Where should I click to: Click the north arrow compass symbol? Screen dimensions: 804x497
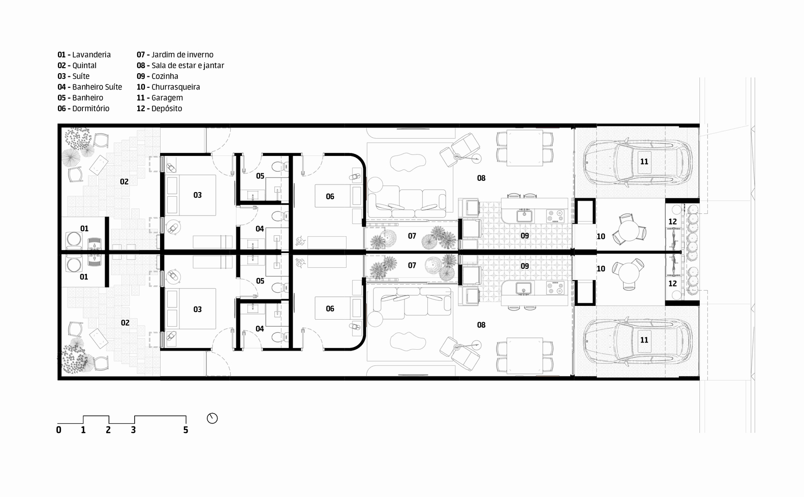pyautogui.click(x=212, y=418)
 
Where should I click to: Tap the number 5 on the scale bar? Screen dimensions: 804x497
pyautogui.click(x=185, y=430)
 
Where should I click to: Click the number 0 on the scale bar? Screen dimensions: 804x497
pyautogui.click(x=59, y=430)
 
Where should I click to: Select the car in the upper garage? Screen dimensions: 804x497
pyautogui.click(x=637, y=162)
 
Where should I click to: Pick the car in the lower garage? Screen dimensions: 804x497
pyautogui.click(x=637, y=340)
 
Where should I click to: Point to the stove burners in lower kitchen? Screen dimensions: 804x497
pyautogui.click(x=555, y=288)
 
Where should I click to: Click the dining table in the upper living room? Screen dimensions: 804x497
pyautogui.click(x=525, y=148)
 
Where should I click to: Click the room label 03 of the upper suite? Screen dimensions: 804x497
pyautogui.click(x=197, y=195)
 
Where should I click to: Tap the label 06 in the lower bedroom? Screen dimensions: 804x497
pyautogui.click(x=330, y=308)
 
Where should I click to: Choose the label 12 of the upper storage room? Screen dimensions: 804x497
pyautogui.click(x=672, y=222)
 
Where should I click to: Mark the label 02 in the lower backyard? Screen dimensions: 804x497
pyautogui.click(x=125, y=323)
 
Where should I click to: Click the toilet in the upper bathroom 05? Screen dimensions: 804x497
pyautogui.click(x=279, y=167)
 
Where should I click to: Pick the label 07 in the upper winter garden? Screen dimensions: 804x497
pyautogui.click(x=412, y=236)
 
